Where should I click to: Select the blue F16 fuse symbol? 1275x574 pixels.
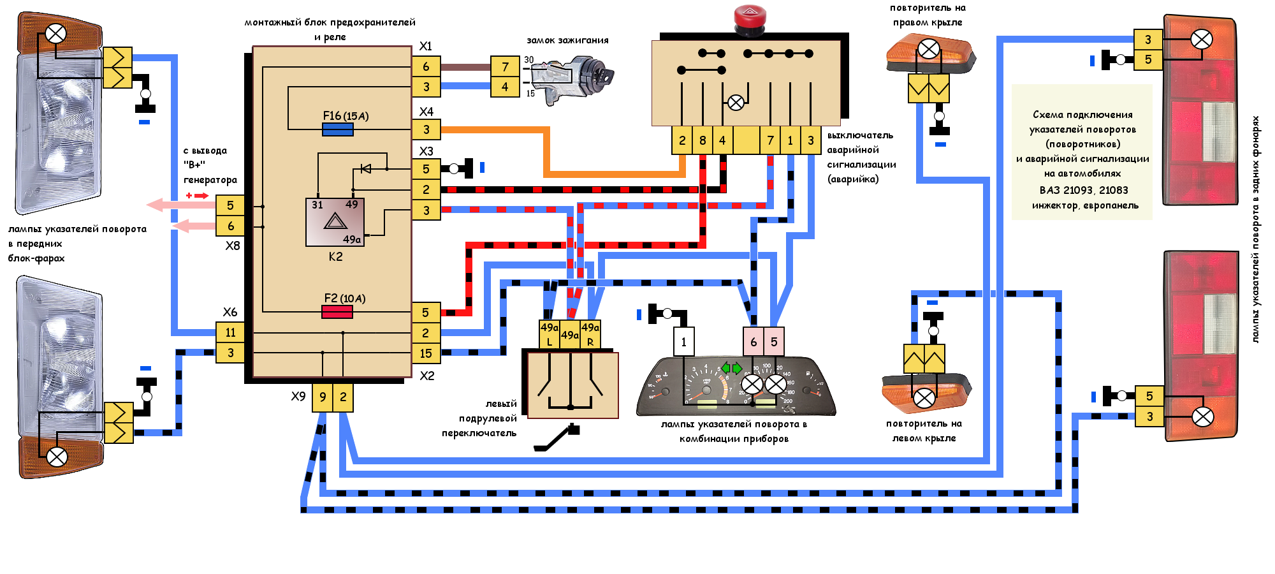[338, 129]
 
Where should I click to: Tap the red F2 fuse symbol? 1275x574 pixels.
[337, 312]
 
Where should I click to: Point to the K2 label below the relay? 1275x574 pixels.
[336, 256]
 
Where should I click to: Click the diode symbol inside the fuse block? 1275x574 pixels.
[366, 168]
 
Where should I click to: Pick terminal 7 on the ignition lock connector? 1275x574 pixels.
[505, 66]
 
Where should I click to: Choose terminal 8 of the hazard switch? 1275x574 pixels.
[703, 140]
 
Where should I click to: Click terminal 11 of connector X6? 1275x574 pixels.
[230, 332]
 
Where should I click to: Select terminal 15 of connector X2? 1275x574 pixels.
[426, 353]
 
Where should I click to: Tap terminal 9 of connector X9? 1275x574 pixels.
[323, 397]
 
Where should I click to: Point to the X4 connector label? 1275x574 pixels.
[426, 112]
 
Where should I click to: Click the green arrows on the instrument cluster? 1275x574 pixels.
[731, 368]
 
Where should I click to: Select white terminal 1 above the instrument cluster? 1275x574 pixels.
[684, 342]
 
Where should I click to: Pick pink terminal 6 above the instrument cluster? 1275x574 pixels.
[754, 342]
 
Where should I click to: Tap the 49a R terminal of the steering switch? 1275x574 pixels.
[590, 334]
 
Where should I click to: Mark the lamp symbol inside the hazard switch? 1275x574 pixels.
[736, 103]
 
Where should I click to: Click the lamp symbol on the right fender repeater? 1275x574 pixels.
[929, 48]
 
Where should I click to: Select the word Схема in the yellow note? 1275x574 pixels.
[1046, 115]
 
